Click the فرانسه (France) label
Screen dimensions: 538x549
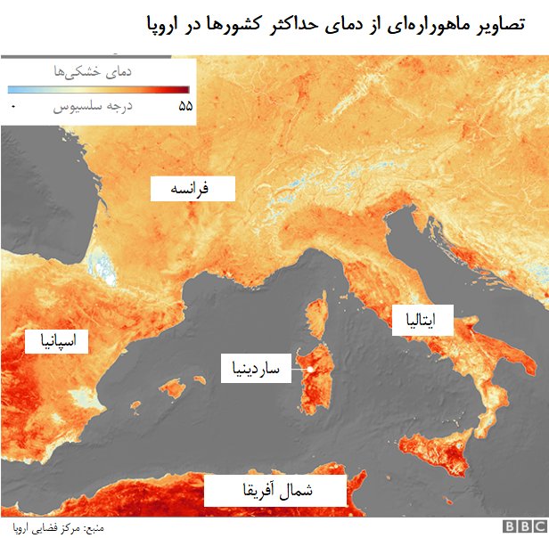(192, 189)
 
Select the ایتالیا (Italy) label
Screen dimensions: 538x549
(422, 320)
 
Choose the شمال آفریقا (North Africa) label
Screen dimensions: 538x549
(275, 490)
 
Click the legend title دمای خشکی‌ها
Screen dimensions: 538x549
(99, 71)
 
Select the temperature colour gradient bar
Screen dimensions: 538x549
(98, 90)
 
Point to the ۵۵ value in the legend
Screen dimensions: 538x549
(185, 106)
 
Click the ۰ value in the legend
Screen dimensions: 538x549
(13, 107)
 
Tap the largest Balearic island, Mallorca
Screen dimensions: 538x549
(175, 389)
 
